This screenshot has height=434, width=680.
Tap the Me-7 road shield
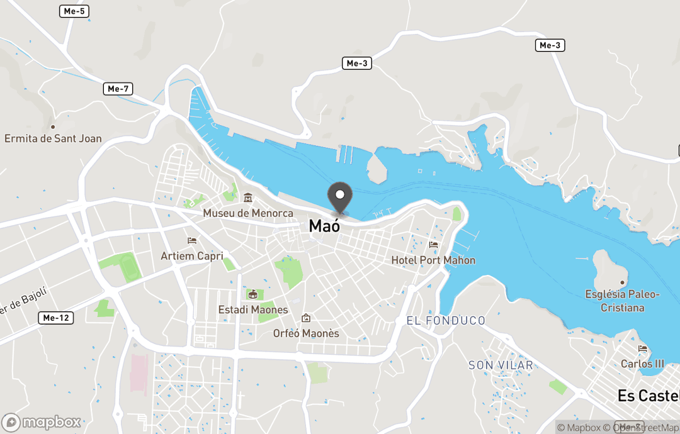pos(118,89)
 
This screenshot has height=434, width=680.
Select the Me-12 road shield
pos(55,318)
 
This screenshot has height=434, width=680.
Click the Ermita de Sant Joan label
pos(53,138)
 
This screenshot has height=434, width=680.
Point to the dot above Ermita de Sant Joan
pos(53,126)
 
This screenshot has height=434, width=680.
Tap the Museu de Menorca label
pos(248,213)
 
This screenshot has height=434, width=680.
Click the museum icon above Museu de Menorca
pos(248,198)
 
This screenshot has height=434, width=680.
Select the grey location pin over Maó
pos(340,197)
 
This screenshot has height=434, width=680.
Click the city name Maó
pos(324,226)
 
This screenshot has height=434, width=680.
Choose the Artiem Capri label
pos(192,256)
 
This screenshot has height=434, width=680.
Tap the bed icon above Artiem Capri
pos(192,240)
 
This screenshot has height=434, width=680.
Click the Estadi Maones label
pos(252,309)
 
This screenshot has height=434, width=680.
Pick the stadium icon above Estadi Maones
pos(252,294)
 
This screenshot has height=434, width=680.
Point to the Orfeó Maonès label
pos(306,333)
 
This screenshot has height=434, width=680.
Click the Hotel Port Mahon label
pos(433,260)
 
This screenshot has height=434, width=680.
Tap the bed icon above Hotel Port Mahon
pos(433,245)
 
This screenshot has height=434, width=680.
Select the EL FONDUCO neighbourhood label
pos(446,321)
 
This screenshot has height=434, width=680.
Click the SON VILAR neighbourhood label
pos(501,365)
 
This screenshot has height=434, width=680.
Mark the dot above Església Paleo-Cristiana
pos(622,282)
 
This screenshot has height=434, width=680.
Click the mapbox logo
pos(42,422)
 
